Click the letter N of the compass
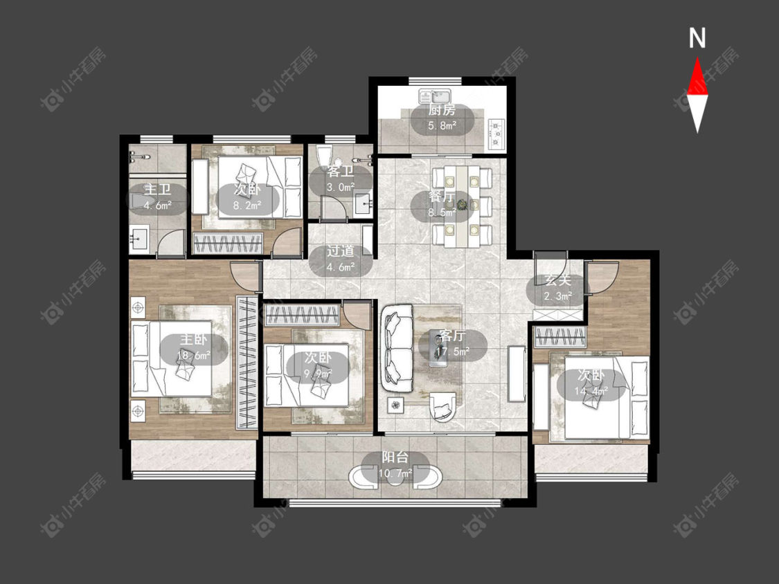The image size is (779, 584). (x=697, y=38)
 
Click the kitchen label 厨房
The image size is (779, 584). (x=442, y=110)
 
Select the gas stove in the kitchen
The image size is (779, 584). (x=496, y=134)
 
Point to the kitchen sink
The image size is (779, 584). (x=435, y=96)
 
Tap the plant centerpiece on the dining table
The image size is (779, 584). (x=463, y=203)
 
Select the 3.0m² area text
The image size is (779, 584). (x=340, y=188)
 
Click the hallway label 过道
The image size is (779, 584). (x=340, y=251)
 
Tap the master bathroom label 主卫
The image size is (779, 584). (x=157, y=189)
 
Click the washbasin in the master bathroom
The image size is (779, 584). (x=140, y=238)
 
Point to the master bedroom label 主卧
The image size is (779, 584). (x=193, y=340)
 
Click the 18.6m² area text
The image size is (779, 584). (x=193, y=356)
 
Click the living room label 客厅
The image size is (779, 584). (x=453, y=336)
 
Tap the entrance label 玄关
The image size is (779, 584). (x=557, y=280)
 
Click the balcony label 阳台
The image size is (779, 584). (x=395, y=457)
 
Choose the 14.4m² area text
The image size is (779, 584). (x=591, y=392)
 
